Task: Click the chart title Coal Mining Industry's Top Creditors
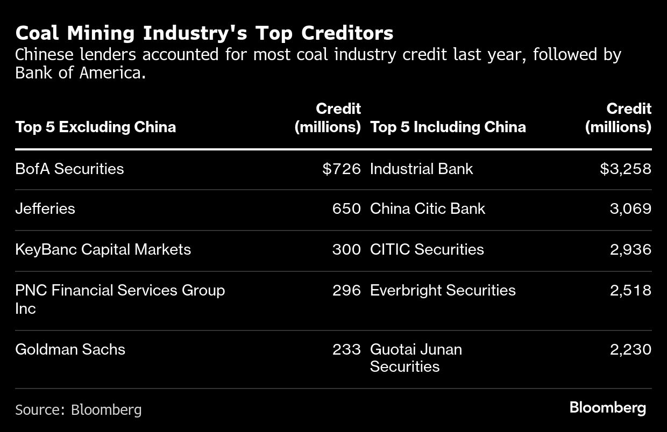(204, 33)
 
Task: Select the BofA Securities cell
(69, 169)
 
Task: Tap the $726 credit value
(342, 169)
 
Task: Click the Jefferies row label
(45, 208)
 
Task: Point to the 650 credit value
(346, 208)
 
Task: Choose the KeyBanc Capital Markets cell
(103, 249)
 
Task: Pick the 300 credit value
(346, 249)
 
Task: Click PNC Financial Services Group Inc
(120, 299)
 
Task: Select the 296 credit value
(346, 290)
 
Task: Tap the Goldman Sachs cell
(70, 349)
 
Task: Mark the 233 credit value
(346, 349)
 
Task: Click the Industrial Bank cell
(421, 169)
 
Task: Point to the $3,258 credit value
(626, 169)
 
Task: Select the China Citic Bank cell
(428, 208)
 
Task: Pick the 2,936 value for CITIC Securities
(630, 249)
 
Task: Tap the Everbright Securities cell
(443, 290)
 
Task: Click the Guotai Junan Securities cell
(416, 358)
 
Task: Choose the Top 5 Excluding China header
(95, 127)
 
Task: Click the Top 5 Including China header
(448, 127)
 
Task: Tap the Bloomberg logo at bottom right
(608, 407)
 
